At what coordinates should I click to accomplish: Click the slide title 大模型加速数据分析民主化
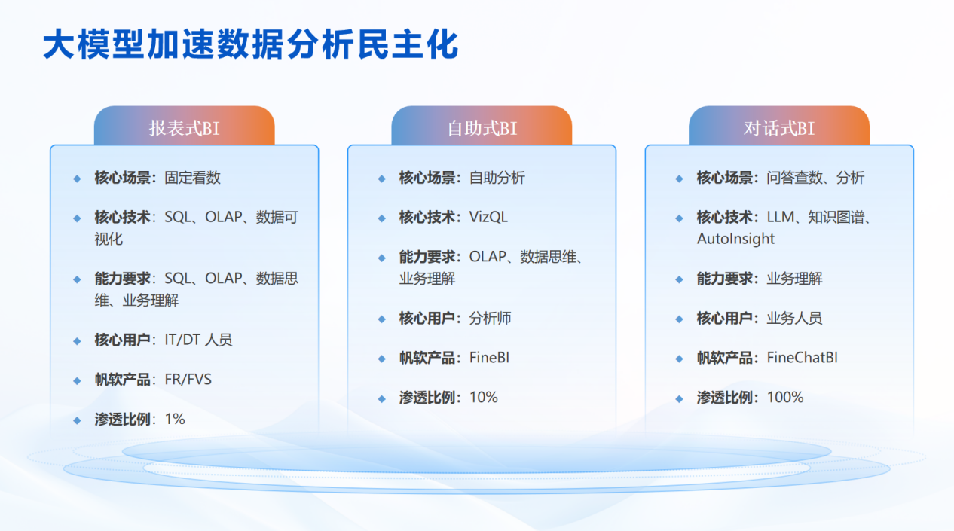250,44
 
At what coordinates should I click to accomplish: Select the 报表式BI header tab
185,126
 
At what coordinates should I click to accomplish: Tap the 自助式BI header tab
482,126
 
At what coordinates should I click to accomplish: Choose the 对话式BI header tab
779,126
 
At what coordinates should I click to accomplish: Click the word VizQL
488,217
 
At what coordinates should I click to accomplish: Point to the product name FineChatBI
802,358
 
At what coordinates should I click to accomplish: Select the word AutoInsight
735,239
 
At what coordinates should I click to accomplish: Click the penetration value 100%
785,397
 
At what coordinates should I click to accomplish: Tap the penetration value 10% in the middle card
483,397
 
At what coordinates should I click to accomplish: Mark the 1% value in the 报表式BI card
175,419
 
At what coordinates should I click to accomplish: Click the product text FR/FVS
188,380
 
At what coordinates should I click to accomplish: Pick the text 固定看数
192,178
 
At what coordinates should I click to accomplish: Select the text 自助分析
497,178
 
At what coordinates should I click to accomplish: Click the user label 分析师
491,318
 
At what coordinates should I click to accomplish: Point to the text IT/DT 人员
198,340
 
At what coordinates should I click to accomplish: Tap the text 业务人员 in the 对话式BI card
794,318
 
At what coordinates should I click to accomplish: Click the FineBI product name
489,358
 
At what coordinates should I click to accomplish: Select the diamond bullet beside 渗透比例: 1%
77,421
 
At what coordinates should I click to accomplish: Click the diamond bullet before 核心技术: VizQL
381,218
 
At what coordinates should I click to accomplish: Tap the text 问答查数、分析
815,178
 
